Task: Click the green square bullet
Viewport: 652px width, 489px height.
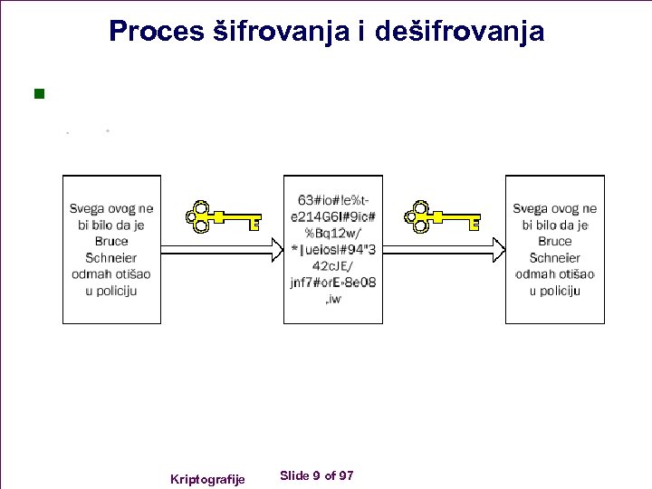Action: (39, 93)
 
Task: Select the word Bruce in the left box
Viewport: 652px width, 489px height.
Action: (111, 241)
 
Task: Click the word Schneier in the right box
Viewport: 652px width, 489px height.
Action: (555, 258)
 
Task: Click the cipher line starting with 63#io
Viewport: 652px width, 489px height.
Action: (332, 200)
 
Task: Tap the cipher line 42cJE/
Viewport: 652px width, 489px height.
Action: (333, 266)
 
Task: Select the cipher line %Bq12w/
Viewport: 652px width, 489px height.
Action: (333, 233)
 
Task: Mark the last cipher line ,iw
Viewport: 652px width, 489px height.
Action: (332, 299)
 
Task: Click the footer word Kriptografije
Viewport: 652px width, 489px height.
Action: (207, 478)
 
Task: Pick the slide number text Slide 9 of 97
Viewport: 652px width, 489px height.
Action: (317, 475)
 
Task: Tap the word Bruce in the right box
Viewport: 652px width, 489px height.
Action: (555, 241)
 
